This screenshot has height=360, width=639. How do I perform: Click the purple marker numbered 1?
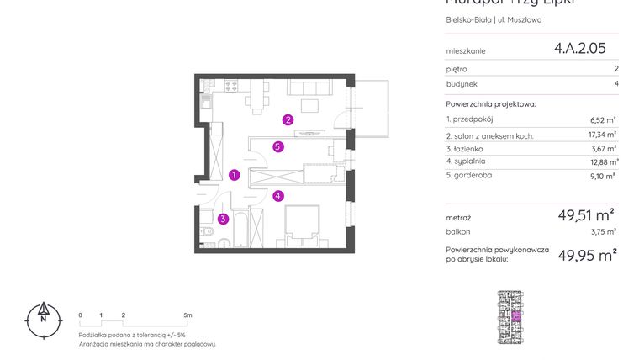(235, 175)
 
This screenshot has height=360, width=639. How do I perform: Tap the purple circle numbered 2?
(288, 119)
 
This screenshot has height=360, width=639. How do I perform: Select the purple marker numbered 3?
(223, 220)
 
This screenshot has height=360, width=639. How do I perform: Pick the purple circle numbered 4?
(278, 196)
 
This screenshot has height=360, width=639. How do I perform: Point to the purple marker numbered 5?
(278, 146)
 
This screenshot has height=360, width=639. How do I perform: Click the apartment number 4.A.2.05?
(579, 49)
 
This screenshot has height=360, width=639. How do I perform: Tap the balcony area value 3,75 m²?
(604, 231)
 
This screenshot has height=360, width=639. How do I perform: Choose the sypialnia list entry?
(469, 161)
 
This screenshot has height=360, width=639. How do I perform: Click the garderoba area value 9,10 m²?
(603, 176)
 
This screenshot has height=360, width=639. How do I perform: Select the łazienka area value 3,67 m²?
(604, 148)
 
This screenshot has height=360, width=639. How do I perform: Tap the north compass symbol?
(42, 319)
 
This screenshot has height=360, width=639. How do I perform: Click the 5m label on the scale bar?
(187, 315)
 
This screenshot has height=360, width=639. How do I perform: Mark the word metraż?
(458, 218)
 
